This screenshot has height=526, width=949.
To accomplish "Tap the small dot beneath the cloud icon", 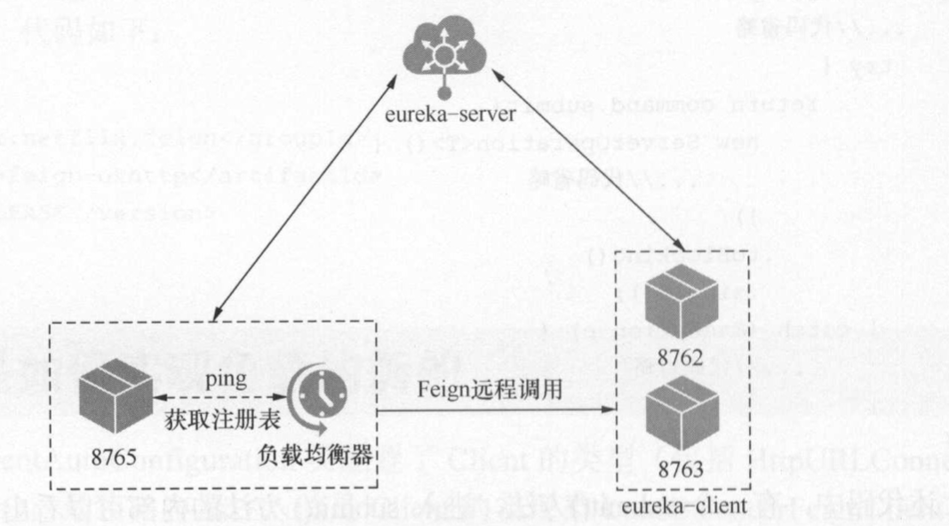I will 443,92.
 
